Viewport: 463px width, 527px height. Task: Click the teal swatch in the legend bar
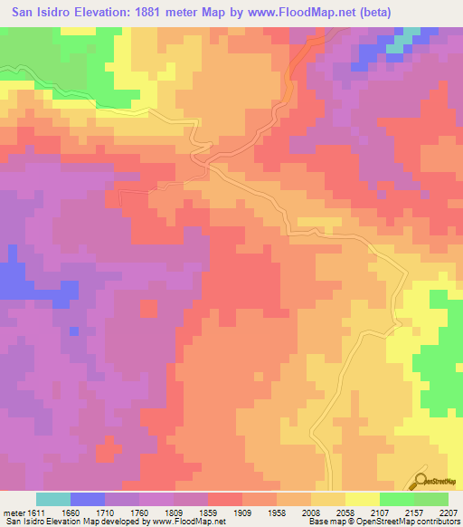click(x=52, y=499)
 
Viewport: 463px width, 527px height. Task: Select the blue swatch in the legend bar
click(x=87, y=499)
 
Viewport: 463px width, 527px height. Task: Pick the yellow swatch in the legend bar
click(x=362, y=499)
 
